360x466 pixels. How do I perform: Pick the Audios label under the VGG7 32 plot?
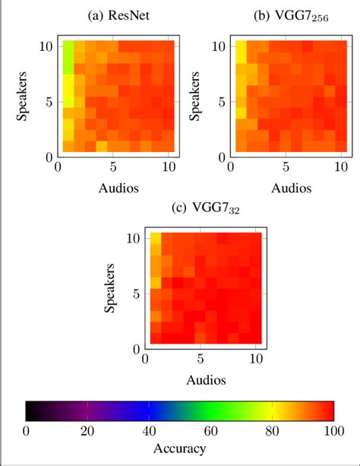coord(203,377)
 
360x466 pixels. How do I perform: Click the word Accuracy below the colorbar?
coord(180,449)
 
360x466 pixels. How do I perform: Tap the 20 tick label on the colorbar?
coord(87,431)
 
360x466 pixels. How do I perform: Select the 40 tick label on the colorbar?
coord(149,431)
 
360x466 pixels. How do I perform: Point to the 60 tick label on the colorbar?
coord(210,431)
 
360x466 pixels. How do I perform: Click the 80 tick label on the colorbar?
coord(272,431)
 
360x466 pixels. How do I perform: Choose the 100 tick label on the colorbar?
coord(333,431)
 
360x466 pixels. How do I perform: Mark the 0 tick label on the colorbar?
coord(27,431)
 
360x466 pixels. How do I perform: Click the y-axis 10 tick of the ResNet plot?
coord(47,46)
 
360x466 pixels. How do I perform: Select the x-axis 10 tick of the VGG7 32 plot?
coord(256,358)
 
